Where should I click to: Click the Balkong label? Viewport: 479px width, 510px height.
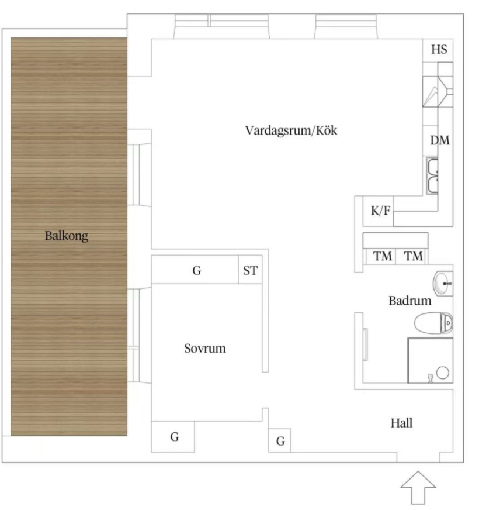(x=66, y=236)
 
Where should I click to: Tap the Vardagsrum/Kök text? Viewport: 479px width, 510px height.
(x=291, y=130)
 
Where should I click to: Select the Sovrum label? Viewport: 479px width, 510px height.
(x=204, y=349)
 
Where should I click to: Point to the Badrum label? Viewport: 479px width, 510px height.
(x=410, y=301)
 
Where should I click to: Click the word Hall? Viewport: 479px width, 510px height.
(x=402, y=423)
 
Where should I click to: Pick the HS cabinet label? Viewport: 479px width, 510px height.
(x=439, y=50)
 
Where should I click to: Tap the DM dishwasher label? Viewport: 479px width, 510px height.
(x=440, y=140)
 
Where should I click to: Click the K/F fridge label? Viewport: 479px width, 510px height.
(x=380, y=211)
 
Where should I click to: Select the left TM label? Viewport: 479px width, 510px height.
(x=382, y=256)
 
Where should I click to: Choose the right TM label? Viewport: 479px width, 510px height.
(x=414, y=256)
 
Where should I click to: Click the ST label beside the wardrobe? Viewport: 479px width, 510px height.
(x=250, y=271)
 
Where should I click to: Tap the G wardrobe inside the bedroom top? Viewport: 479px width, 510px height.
(x=197, y=271)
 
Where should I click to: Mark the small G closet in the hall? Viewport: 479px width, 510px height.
(x=280, y=442)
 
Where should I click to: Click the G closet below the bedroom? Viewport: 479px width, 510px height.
(x=175, y=437)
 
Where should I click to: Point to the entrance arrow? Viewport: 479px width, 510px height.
(x=418, y=488)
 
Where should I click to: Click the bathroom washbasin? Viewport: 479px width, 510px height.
(x=443, y=284)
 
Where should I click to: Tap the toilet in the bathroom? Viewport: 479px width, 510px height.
(x=433, y=323)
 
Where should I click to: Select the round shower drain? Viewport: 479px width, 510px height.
(x=443, y=373)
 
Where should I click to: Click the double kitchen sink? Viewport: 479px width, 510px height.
(x=432, y=176)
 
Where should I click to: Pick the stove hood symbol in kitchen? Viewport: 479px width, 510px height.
(x=438, y=92)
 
